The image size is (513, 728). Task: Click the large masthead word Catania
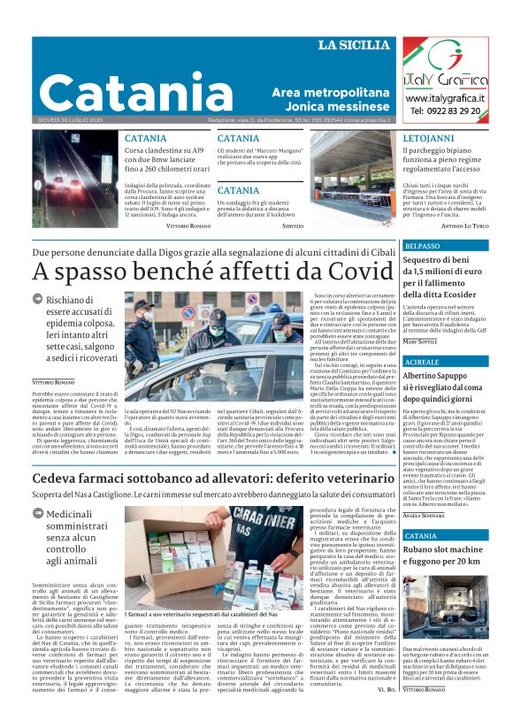(x=134, y=92)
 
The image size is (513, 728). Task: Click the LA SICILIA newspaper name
(x=354, y=45)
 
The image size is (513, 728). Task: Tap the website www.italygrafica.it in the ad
(x=446, y=96)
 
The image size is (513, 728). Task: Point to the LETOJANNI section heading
(x=429, y=140)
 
